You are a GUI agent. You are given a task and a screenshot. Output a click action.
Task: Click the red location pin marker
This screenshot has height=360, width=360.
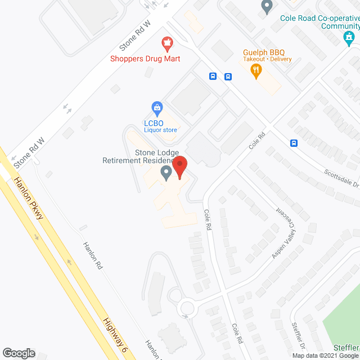coord(179,167)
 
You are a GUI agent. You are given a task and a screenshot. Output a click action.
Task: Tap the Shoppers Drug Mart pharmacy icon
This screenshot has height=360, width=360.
coord(166,42)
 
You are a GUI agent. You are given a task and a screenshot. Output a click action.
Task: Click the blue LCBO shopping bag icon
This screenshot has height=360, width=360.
coord(158,107)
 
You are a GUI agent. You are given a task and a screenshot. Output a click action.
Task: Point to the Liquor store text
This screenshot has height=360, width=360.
coord(160,130)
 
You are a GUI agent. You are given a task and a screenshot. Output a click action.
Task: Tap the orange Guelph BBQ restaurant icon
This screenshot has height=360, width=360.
coord(256,70)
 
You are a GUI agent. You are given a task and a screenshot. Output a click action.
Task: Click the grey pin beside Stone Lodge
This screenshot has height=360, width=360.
coord(166,173)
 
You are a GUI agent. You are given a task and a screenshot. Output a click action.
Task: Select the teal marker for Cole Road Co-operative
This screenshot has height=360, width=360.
coord(349,38)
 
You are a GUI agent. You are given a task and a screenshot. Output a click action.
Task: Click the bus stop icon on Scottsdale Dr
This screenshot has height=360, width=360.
coord(294,143)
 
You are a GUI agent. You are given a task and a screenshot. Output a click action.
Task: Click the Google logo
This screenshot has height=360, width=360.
coord(18,353)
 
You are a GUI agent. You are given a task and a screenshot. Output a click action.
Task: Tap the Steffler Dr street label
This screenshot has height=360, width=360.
coord(298,333)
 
